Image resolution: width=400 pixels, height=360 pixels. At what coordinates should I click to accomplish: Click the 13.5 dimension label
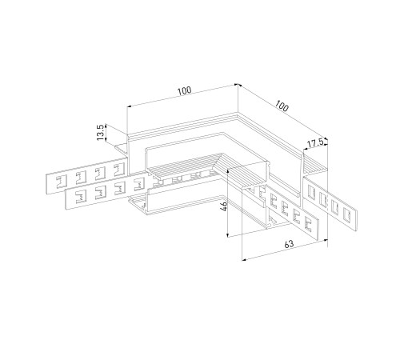pos(100,132)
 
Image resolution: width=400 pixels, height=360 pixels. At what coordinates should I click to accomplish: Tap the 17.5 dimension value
pos(315,143)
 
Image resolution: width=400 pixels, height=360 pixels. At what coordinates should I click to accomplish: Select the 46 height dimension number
pos(224,206)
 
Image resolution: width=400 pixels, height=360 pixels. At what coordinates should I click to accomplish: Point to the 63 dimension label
pos(289,244)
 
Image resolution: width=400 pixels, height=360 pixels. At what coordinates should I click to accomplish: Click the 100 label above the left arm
pos(185,90)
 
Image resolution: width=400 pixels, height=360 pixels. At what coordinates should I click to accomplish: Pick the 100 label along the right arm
pos(282,106)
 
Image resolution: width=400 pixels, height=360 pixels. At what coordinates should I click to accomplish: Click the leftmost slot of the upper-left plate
pos(61,182)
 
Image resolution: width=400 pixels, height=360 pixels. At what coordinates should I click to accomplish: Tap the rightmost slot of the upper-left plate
pos(119,170)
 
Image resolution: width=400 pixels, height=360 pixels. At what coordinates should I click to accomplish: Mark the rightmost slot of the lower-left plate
pos(139,184)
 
